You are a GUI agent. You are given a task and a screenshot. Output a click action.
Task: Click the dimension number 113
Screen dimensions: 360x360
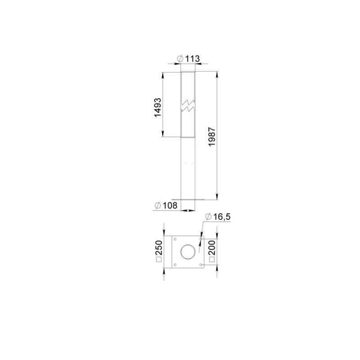tap(193, 59)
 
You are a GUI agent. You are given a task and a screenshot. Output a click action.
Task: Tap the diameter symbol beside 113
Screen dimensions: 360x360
tap(180, 59)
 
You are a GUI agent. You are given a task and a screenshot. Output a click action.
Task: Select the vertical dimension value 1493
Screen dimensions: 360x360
tap(158, 108)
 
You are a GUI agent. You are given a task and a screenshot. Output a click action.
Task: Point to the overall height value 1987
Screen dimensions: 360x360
tap(212, 136)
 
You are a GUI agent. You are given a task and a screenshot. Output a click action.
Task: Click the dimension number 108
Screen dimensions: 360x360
tap(170, 205)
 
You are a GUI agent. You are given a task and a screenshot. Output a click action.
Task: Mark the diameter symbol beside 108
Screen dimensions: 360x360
tap(158, 205)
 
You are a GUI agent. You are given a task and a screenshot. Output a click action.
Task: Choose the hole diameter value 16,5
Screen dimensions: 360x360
tap(222, 216)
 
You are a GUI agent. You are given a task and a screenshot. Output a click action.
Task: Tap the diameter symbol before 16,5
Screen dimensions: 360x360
tap(208, 216)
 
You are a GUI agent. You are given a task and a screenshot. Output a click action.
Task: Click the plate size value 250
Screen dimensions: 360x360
tap(159, 248)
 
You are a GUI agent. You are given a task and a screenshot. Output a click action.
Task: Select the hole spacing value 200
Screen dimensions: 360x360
tap(212, 248)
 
